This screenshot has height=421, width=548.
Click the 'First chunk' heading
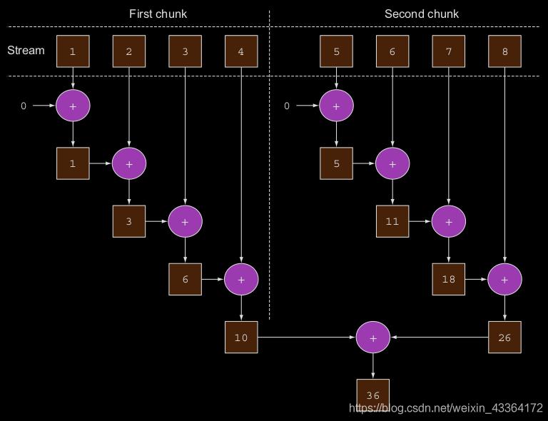coord(158,14)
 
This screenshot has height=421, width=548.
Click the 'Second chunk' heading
coord(422,14)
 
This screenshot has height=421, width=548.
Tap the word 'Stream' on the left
coord(26,51)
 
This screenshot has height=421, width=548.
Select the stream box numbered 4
coord(241,51)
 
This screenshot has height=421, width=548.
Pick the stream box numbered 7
coord(448,51)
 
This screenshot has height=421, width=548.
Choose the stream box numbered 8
coord(504,51)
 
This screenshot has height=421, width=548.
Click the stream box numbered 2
coord(128,51)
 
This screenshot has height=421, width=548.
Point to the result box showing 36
coord(372,395)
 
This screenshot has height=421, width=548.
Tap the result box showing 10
coord(241,337)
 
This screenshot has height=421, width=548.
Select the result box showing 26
coord(504,337)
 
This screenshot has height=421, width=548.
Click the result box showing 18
coord(448,279)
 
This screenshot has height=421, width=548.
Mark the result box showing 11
coord(392,221)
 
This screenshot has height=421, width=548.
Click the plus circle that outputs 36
coord(372,337)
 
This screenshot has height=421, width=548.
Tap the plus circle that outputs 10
coord(241,279)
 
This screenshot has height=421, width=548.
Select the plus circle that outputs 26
coord(504,279)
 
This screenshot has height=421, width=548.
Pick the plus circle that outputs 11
coord(392,163)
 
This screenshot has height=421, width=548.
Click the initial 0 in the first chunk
coord(24,106)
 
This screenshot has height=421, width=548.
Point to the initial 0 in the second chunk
coord(287,106)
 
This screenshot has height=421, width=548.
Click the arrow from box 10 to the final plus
coord(307,337)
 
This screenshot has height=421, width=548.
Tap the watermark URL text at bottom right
coord(445,408)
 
